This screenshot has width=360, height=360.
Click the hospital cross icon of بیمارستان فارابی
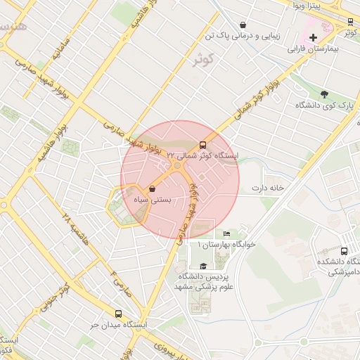pos(313,37)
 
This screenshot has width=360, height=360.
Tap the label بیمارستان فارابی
pos(314,50)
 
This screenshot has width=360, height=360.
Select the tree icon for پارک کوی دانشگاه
pos(324,94)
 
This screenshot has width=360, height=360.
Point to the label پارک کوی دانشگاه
pos(325,106)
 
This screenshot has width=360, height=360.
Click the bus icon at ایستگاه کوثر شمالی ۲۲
pos(204,145)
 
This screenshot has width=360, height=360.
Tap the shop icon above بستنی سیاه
pos(152,188)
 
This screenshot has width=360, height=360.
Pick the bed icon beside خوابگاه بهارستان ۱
pos(226,233)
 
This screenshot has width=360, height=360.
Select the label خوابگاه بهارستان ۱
pos(226,244)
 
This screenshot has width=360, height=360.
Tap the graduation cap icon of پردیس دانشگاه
pos(203,266)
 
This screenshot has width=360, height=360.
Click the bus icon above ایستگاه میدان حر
pos(117,314)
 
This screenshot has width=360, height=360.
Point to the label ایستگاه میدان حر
pos(117,326)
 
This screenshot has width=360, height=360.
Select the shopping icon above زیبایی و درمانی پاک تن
pos(243,24)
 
